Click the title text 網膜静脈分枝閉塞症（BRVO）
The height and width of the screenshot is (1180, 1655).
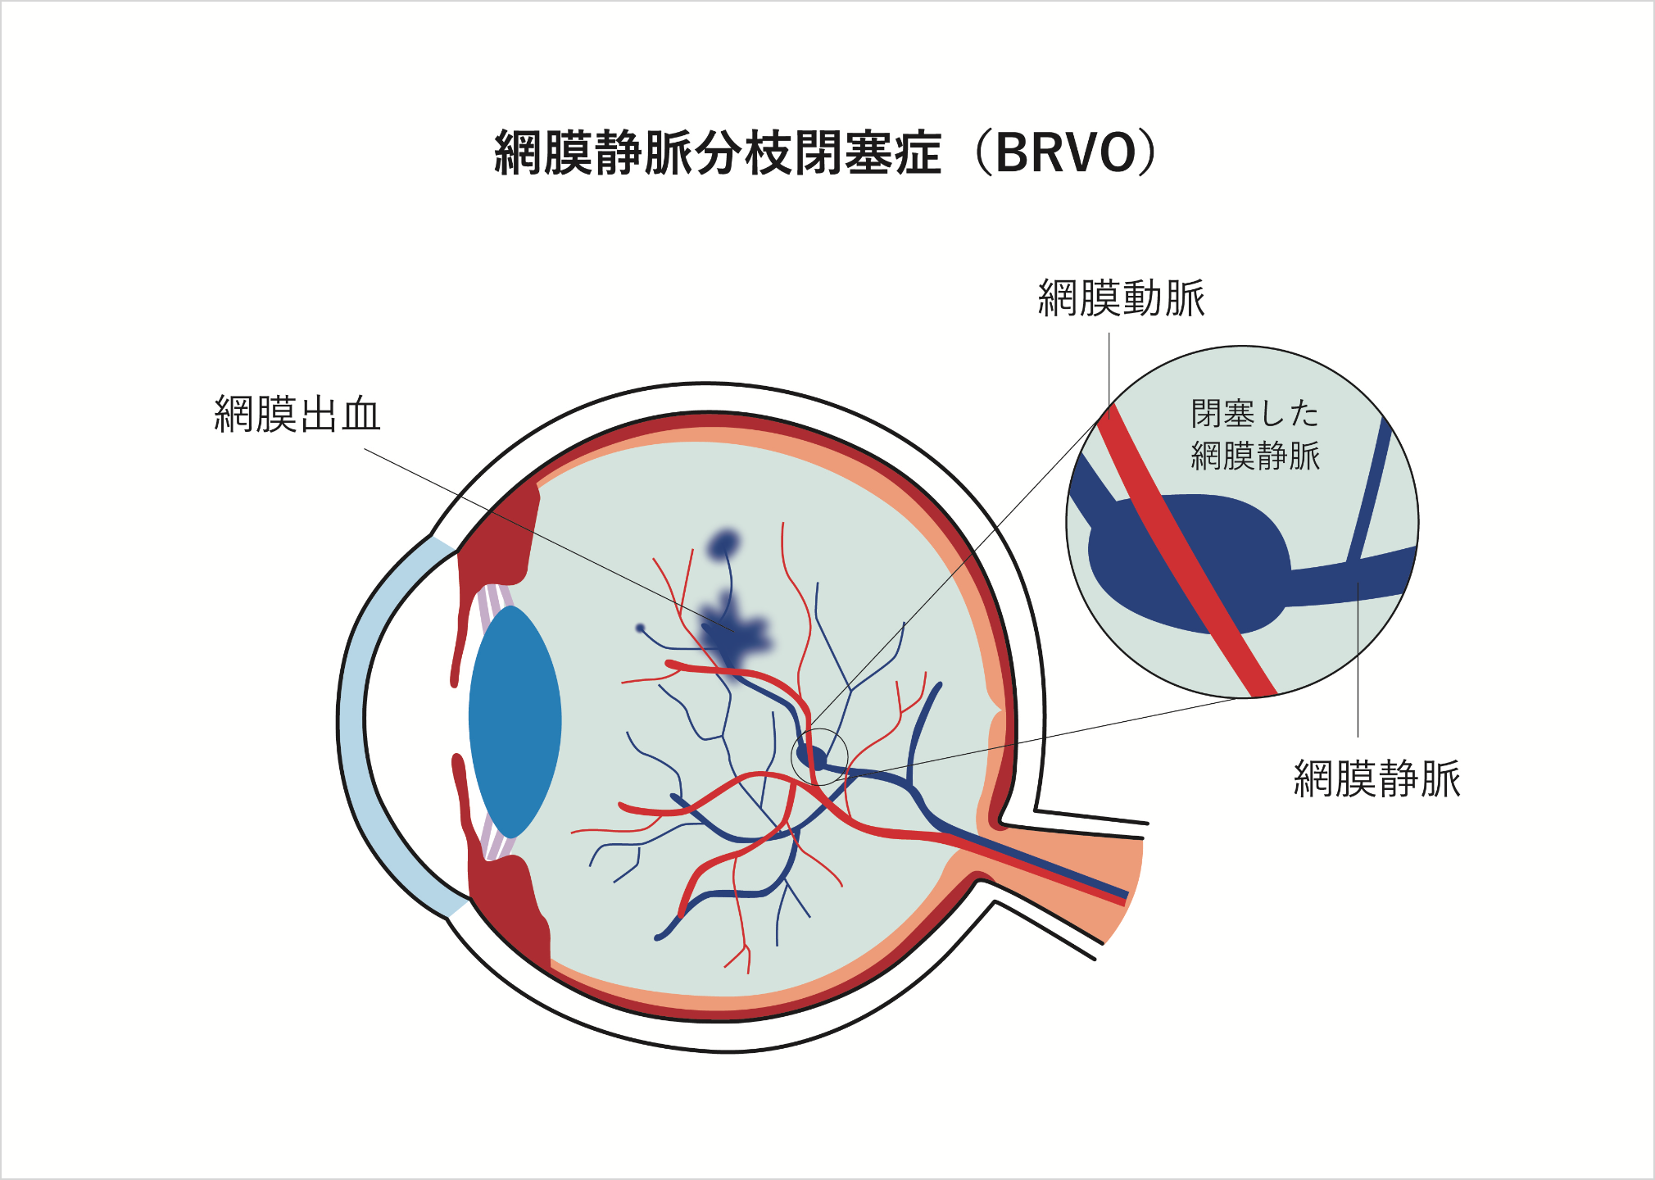pos(826,153)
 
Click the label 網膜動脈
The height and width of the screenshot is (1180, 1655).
pos(1121,298)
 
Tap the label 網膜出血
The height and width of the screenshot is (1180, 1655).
pos(297,415)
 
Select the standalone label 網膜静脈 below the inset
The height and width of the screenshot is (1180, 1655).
pos(1376,778)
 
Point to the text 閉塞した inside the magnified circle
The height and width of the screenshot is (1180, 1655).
pos(1254,414)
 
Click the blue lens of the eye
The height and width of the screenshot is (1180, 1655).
pos(515,721)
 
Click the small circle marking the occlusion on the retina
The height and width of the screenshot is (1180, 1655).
pos(819,756)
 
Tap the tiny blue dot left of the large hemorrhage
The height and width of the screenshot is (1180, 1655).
pos(641,629)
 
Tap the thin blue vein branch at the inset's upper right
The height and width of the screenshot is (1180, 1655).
pos(1370,492)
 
